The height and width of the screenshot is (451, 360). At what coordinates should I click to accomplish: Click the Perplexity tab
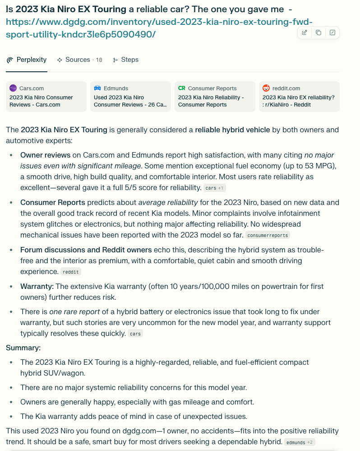click(27, 60)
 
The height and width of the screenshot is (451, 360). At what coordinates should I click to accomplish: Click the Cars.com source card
click(46, 96)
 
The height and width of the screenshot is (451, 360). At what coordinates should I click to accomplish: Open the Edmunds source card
click(130, 96)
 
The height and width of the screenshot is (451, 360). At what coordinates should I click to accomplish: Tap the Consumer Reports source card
click(215, 96)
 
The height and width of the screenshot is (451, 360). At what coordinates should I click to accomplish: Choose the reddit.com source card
click(299, 96)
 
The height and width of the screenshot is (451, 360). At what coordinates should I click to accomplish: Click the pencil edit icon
click(305, 33)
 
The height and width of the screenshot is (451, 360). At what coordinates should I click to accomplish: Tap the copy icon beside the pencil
click(318, 33)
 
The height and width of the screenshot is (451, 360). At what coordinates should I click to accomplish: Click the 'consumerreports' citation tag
click(268, 235)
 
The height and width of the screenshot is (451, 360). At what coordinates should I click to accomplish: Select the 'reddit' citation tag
click(70, 272)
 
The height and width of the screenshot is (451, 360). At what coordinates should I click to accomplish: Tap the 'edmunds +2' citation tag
click(300, 442)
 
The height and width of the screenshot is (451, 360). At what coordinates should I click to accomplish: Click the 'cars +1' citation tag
click(214, 188)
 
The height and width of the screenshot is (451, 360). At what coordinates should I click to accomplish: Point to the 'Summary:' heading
click(23, 348)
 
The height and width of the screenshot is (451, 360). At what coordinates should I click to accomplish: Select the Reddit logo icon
click(266, 88)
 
